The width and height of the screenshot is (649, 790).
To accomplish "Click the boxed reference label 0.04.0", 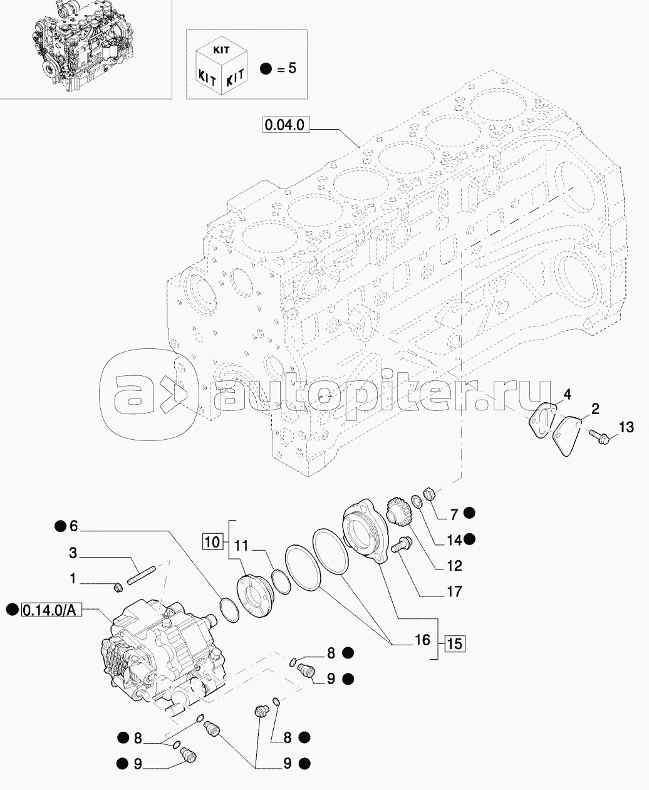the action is point(286,125).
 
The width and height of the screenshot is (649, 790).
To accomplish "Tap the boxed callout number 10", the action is point(213,542).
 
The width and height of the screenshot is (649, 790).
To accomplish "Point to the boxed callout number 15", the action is point(455,644).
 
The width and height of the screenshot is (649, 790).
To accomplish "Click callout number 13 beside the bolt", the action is point(626,427).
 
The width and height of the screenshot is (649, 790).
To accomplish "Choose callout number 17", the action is point(454,602).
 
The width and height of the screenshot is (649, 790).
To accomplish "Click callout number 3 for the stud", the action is point(73,553).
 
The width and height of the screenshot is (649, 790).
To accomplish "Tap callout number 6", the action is point(73,526).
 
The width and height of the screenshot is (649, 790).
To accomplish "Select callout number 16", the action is point(422,640).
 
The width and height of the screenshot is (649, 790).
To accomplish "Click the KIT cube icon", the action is point(221,66).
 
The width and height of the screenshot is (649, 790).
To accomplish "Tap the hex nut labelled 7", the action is point(428,494).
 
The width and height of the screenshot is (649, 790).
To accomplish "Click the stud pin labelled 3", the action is point(142,576).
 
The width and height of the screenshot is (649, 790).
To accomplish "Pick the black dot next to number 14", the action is point(470,539).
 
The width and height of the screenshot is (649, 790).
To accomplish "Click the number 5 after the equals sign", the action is point(292,68).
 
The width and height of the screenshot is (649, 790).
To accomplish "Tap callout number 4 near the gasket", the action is point(568,395).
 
